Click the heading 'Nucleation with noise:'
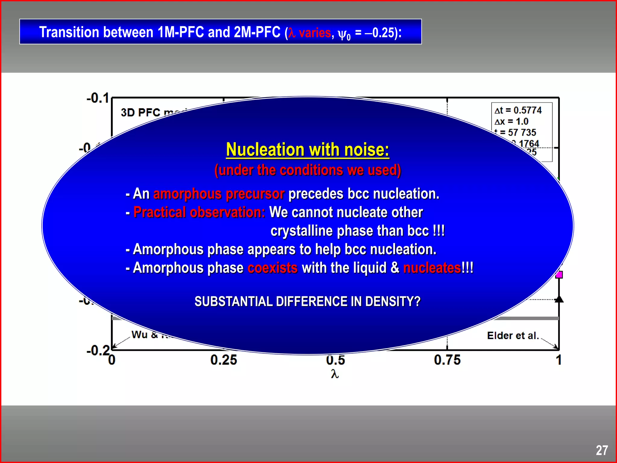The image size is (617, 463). (x=308, y=150)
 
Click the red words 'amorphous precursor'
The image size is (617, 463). (x=219, y=194)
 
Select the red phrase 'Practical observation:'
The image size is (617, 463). (x=199, y=212)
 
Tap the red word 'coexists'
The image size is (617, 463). (x=272, y=268)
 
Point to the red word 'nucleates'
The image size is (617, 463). (x=432, y=268)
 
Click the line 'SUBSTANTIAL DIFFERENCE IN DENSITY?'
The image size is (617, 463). (x=307, y=301)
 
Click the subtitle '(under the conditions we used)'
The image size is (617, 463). (x=308, y=170)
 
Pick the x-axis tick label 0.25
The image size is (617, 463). (x=224, y=360)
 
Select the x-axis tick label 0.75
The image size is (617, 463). (x=447, y=360)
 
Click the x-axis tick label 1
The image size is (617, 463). (x=559, y=360)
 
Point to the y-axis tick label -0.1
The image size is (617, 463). (x=98, y=98)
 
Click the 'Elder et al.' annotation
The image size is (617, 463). (x=513, y=335)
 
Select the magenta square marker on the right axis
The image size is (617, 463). (x=559, y=275)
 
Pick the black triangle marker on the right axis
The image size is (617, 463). (x=559, y=299)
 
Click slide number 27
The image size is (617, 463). (x=602, y=450)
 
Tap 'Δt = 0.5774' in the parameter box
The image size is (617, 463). (x=518, y=110)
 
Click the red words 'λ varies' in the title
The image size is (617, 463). (x=310, y=33)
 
